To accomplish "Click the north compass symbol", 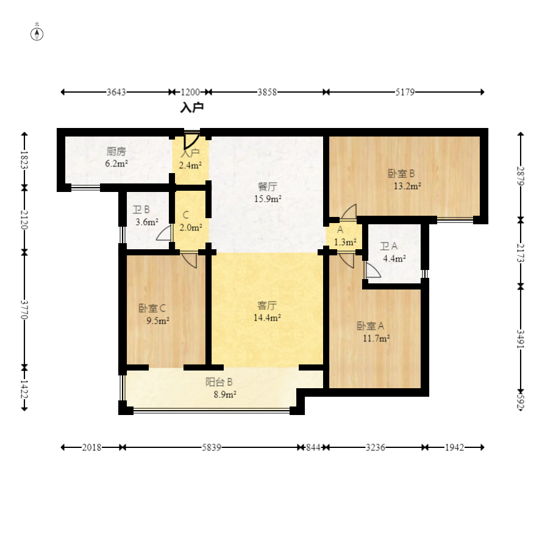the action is point(37,34).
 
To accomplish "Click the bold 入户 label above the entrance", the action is point(192,107).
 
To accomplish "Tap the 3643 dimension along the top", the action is point(116,92).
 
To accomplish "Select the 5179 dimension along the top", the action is point(405,92).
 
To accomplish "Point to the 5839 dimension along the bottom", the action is point(212,447).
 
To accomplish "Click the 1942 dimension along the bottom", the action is point(454,447).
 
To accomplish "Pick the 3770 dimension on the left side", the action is point(24,310).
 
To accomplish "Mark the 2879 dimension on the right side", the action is point(521,176).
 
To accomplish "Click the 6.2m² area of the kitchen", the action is point(116,163).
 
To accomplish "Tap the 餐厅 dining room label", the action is point(268,186).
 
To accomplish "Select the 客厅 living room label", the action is point(267,305).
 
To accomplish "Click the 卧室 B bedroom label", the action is point(402,173).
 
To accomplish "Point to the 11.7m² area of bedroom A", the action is point(376,338).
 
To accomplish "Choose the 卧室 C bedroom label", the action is point(152,308).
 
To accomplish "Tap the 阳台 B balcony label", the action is point(219,382).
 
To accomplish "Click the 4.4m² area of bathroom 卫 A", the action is point(394,258).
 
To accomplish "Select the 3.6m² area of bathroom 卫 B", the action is point(147,222).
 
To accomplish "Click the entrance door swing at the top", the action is point(191,140).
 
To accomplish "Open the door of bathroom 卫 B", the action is point(165,232).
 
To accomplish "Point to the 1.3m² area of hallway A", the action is point(345,242).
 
